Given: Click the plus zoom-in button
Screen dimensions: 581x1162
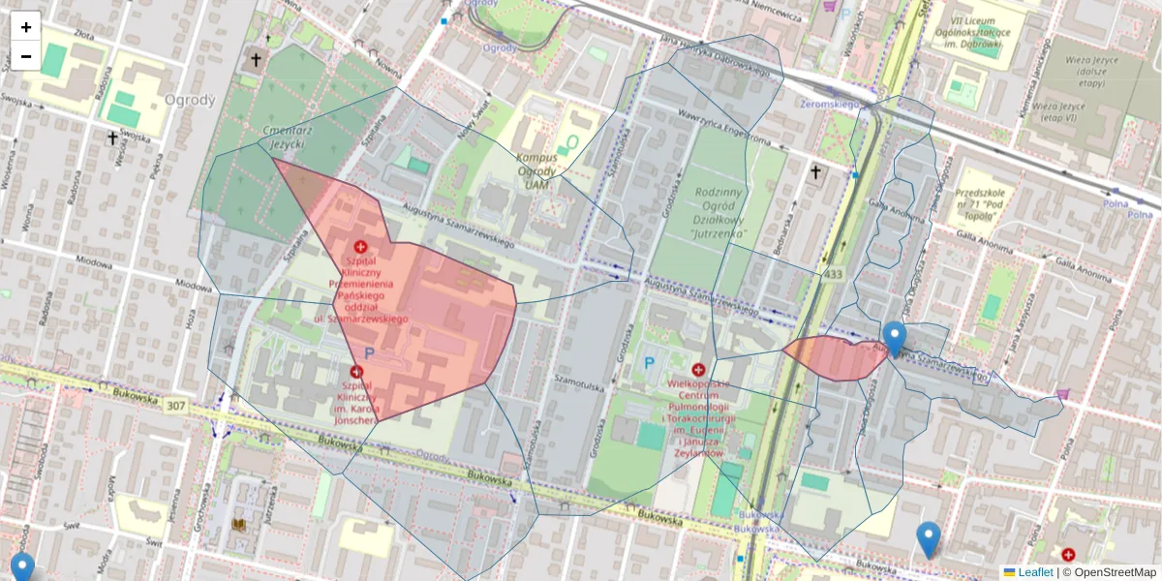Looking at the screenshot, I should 26,27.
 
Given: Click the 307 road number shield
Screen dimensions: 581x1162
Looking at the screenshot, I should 175,404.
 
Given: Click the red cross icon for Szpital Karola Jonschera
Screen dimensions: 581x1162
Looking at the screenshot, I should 356,372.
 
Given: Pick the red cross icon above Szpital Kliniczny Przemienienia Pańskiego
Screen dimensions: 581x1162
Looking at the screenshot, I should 361,248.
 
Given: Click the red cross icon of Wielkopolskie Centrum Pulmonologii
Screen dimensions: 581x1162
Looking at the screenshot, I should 698,369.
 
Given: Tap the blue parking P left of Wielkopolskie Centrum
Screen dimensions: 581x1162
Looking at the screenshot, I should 649,365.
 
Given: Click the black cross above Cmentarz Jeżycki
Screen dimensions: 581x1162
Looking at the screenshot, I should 256,60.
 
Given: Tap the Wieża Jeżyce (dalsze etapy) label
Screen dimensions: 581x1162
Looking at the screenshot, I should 1070,72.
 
